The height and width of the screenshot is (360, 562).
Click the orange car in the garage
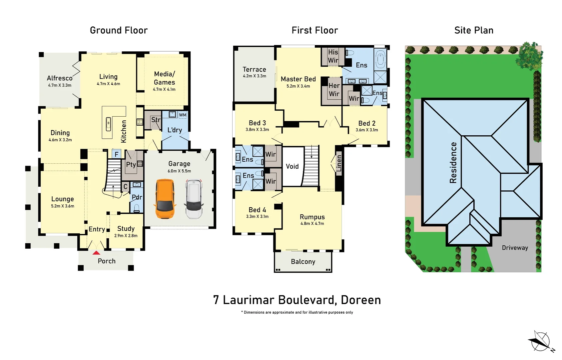point(165,199)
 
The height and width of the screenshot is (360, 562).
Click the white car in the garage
point(194,199)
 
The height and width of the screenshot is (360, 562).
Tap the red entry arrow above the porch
point(96,253)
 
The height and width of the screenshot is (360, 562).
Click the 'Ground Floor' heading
point(119,30)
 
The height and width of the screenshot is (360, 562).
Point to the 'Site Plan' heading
point(474,30)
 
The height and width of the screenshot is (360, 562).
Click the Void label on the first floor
point(292,166)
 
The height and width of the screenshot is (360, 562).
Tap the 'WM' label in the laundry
point(183,115)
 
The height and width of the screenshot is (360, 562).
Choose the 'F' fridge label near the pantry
point(116,154)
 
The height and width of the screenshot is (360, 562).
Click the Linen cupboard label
point(339,163)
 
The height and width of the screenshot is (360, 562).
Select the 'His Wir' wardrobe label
point(333,56)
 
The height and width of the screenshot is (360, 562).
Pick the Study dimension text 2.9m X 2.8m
point(126,236)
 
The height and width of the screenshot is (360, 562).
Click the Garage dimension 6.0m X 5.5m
point(179,171)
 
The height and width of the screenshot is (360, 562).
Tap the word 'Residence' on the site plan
point(453,163)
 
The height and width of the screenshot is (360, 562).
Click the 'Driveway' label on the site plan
point(515,248)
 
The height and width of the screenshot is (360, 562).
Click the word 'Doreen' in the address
point(361,300)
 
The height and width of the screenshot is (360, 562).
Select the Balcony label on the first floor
point(303,262)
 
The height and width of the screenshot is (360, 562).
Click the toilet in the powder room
point(137,208)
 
